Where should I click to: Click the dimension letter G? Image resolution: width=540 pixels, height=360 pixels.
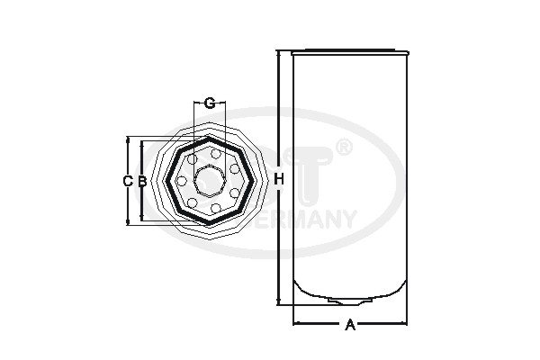(209, 103)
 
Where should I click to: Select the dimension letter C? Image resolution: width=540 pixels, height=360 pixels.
(127, 181)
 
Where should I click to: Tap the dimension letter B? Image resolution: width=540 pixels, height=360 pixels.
(141, 181)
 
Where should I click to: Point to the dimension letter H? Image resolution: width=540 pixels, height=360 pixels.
(279, 180)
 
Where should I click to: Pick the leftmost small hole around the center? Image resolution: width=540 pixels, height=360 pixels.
(181, 180)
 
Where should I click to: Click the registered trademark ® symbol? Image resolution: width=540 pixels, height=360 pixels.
(343, 147)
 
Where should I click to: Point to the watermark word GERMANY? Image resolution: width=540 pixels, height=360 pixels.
(310, 219)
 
